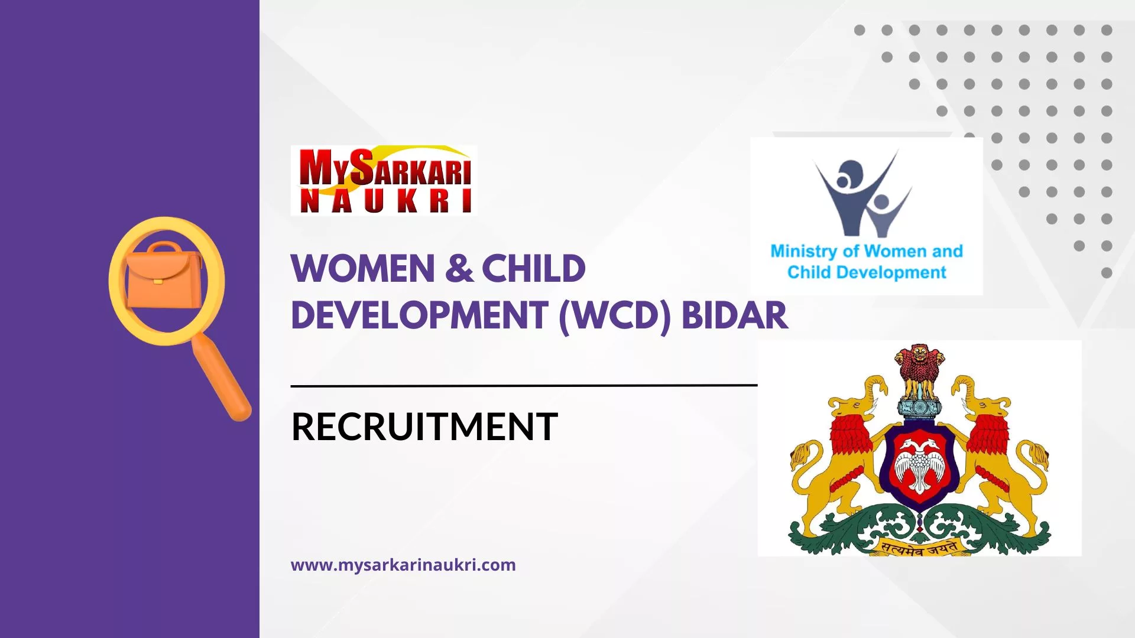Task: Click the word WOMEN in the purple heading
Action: (363, 269)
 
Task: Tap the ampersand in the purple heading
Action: (459, 269)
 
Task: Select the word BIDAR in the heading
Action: (734, 315)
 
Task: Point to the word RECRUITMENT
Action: (424, 427)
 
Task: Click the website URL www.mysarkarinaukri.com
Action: (403, 565)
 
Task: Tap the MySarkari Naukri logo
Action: (384, 180)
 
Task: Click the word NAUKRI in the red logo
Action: (385, 201)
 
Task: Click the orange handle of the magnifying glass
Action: (223, 378)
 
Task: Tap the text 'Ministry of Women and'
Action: (867, 251)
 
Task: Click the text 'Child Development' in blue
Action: (867, 272)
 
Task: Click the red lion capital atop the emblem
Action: (919, 369)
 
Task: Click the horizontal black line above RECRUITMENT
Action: (524, 385)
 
